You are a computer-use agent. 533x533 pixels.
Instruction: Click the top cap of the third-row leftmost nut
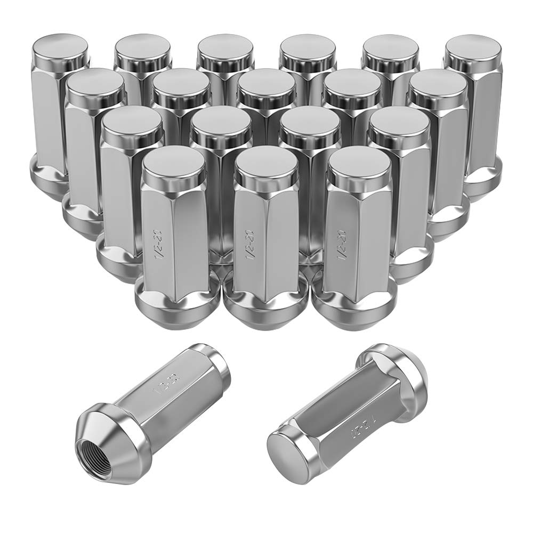[132, 122]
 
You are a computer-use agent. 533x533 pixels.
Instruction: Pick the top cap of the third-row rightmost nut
[399, 122]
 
